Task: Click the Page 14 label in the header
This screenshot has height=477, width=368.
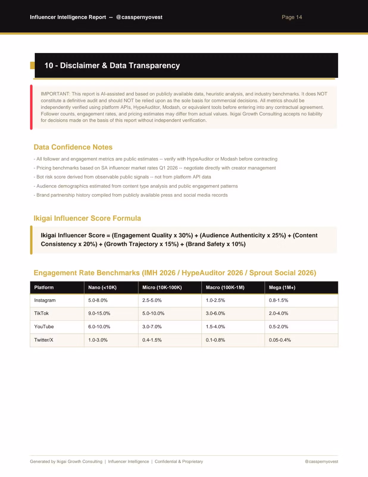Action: [291, 17]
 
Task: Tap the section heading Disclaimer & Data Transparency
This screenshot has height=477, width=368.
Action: [112, 66]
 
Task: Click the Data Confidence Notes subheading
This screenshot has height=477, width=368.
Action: [73, 147]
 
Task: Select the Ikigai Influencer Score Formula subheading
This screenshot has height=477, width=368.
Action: [87, 218]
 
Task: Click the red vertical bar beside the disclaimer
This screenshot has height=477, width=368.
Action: [31, 107]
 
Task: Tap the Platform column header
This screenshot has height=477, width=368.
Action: [44, 287]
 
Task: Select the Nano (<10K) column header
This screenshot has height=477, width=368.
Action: [102, 287]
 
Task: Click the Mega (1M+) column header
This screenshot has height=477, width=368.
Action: [282, 287]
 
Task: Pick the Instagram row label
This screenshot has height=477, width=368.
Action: [45, 300]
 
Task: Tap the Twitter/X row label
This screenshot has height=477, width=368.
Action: [43, 340]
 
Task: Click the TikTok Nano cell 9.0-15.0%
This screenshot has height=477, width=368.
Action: [99, 313]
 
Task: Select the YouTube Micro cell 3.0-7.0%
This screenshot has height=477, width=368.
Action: [152, 327]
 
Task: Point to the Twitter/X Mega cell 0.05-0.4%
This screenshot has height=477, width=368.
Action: [280, 340]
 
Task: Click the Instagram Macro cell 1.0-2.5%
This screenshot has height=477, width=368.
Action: [215, 300]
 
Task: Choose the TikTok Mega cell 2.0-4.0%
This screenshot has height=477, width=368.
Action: [278, 313]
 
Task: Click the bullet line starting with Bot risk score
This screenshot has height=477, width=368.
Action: [122, 177]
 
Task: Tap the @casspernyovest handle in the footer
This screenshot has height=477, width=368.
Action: [321, 461]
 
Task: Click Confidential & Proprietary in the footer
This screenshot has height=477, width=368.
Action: [179, 461]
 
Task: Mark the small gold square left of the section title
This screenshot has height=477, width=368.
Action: [32, 65]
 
